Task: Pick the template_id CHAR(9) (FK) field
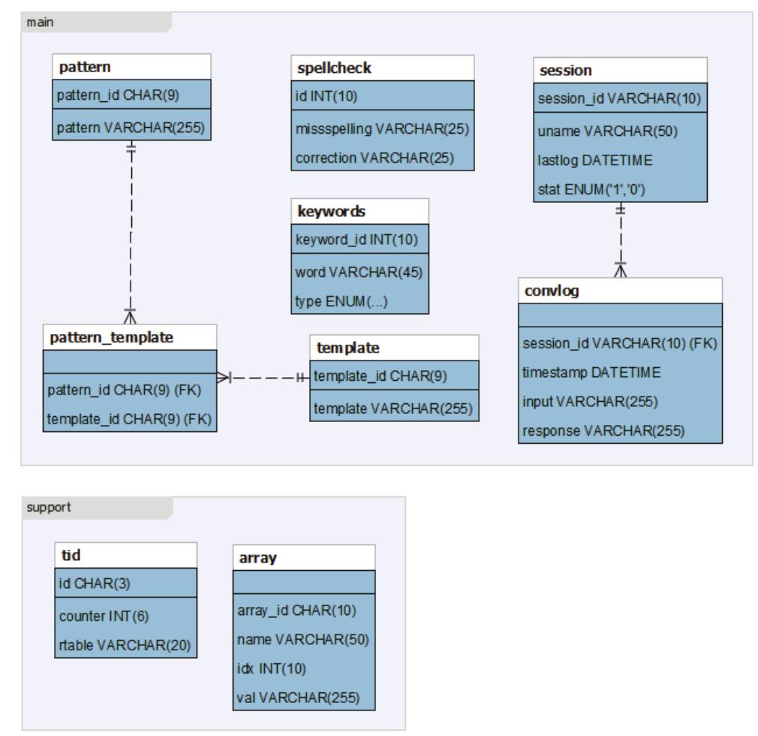[x=130, y=418]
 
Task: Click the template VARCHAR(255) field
[x=394, y=406]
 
